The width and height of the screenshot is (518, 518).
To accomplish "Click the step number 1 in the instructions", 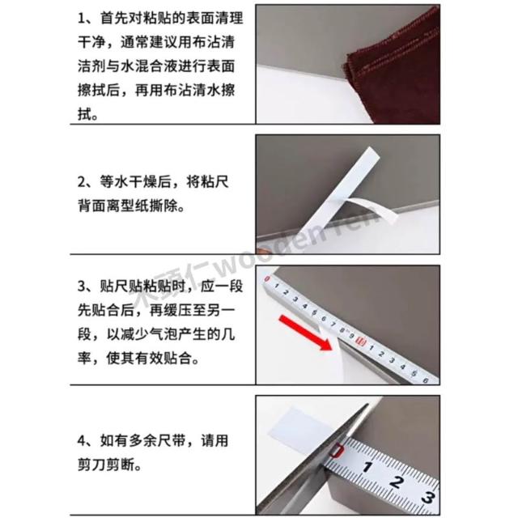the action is click(x=81, y=19).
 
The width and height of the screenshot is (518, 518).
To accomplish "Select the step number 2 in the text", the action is click(x=82, y=182).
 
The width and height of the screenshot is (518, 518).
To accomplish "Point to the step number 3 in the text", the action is click(x=82, y=286).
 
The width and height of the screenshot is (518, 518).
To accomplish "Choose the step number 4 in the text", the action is click(x=82, y=441).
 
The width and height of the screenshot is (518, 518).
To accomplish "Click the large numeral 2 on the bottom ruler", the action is click(x=396, y=482).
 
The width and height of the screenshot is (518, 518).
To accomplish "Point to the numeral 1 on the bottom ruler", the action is click(x=367, y=467).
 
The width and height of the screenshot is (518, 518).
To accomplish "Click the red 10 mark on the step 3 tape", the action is click(x=361, y=342).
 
